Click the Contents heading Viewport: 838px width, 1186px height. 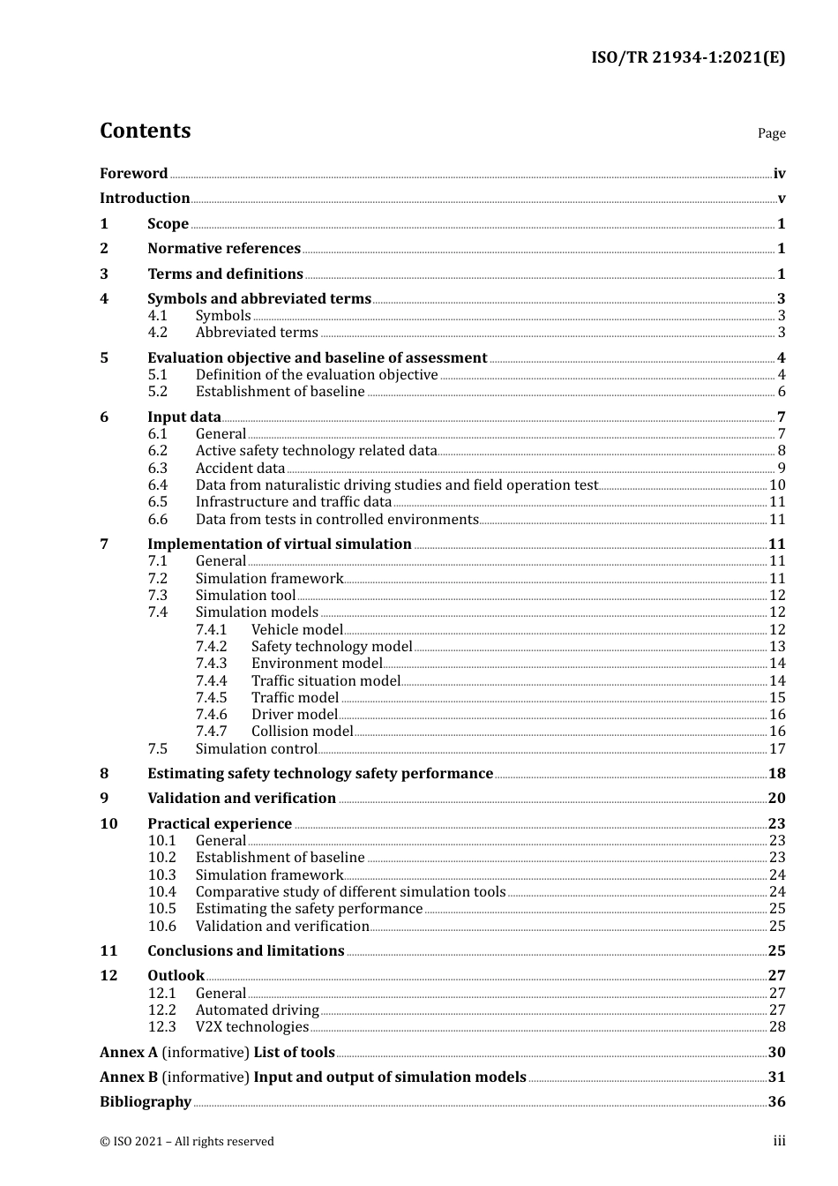pyautogui.click(x=145, y=131)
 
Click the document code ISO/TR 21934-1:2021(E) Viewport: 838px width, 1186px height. pyautogui.click(x=687, y=58)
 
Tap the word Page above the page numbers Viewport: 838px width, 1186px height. pyautogui.click(x=771, y=133)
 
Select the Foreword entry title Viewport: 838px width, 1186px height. pyautogui.click(x=133, y=174)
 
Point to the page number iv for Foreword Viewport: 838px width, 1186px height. pyautogui.click(x=779, y=174)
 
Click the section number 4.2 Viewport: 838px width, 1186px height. pyautogui.click(x=157, y=333)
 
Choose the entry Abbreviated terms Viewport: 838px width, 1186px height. pyautogui.click(x=257, y=333)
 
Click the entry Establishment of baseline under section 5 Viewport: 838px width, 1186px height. pyautogui.click(x=280, y=392)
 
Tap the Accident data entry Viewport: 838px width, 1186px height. pyautogui.click(x=240, y=469)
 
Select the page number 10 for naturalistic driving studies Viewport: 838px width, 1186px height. pyautogui.click(x=777, y=485)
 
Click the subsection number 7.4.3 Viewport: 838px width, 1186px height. pyautogui.click(x=211, y=664)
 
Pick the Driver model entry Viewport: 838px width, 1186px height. pyautogui.click(x=295, y=715)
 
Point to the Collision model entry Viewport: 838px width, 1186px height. pyautogui.click(x=302, y=732)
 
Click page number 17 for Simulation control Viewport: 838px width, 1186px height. pyautogui.click(x=777, y=749)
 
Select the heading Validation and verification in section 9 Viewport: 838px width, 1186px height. pyautogui.click(x=242, y=799)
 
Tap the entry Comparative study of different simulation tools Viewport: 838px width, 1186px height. pyautogui.click(x=350, y=892)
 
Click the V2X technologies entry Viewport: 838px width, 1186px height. pyautogui.click(x=252, y=1027)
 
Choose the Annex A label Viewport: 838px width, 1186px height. pyautogui.click(x=129, y=1053)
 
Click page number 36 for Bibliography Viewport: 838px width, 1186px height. pyautogui.click(x=776, y=1102)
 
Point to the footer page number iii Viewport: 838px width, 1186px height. pyautogui.click(x=779, y=1141)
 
